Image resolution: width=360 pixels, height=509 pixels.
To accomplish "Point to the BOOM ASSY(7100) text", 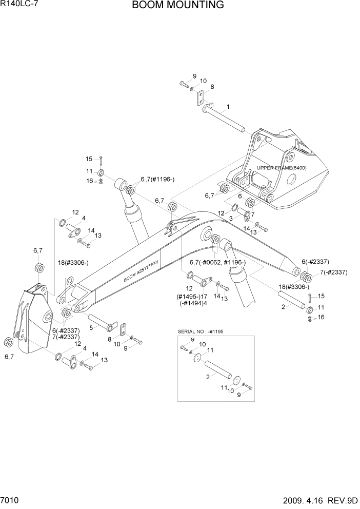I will (x=141, y=271).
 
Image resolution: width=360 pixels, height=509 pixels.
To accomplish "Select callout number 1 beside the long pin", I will (x=228, y=107).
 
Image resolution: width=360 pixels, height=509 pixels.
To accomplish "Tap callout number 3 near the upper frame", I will (x=231, y=218).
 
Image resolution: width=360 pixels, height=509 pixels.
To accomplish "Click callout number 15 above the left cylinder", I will (x=89, y=159).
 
